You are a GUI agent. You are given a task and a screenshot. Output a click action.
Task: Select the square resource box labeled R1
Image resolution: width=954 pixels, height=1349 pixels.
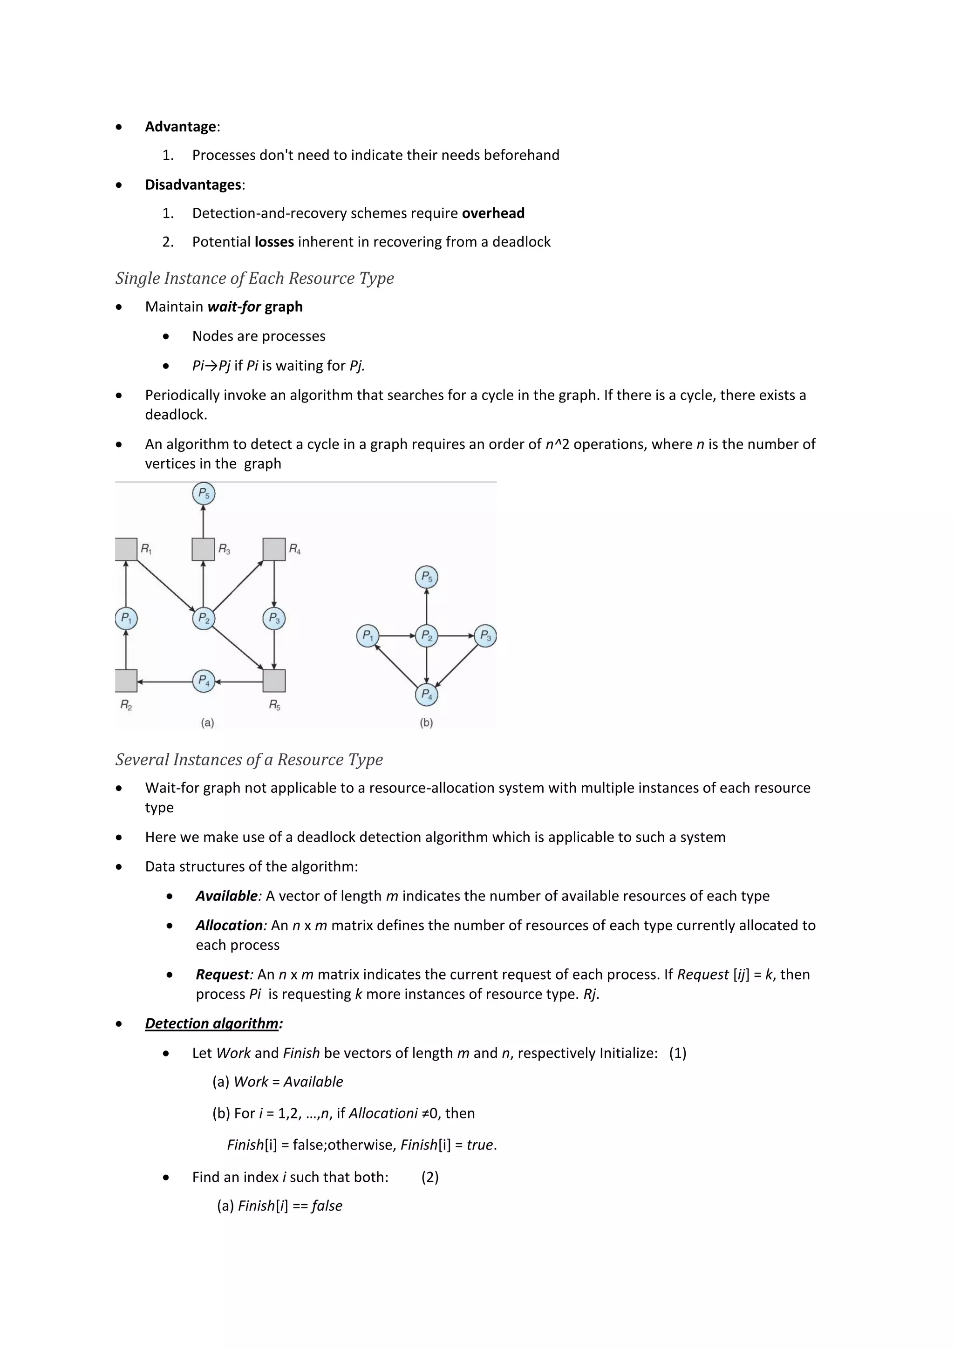(126, 549)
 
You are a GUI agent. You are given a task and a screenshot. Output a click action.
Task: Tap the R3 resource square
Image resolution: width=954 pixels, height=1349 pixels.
(203, 549)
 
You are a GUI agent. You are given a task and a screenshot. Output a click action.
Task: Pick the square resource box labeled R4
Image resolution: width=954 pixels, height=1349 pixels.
(274, 549)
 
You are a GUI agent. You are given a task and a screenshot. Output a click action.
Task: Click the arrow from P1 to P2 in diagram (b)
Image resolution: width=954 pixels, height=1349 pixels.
(396, 636)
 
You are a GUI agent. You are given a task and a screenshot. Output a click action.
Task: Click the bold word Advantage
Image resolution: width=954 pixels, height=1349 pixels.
(180, 126)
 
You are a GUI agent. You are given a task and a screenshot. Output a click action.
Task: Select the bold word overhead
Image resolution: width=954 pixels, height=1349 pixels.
(493, 213)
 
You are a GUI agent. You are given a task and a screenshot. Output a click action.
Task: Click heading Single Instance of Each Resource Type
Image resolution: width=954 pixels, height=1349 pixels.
(254, 278)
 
